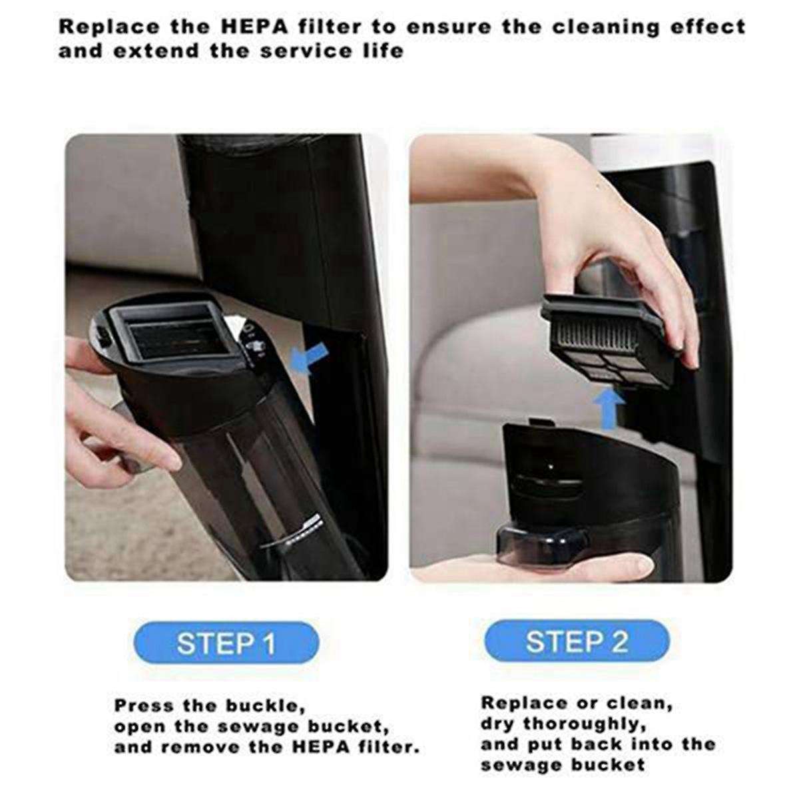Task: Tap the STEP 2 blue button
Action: point(577,641)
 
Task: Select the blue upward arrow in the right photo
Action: point(611,409)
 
